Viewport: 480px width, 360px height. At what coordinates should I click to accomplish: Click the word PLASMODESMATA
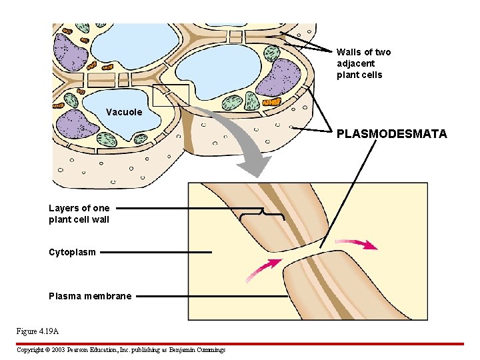click(391, 134)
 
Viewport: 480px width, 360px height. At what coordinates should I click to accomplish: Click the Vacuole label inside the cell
click(124, 112)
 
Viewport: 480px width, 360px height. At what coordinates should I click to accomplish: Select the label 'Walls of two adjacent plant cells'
click(363, 63)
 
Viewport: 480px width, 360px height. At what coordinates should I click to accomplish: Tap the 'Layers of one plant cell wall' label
click(79, 213)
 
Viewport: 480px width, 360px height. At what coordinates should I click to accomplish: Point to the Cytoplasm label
click(72, 252)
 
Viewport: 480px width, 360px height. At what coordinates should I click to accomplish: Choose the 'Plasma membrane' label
click(90, 296)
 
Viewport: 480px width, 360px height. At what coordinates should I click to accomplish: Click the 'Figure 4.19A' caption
click(37, 331)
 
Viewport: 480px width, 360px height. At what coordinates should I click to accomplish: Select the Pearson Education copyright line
click(121, 349)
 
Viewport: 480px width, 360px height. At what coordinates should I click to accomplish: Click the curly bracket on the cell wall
click(262, 214)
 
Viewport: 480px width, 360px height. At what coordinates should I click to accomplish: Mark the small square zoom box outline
click(171, 96)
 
